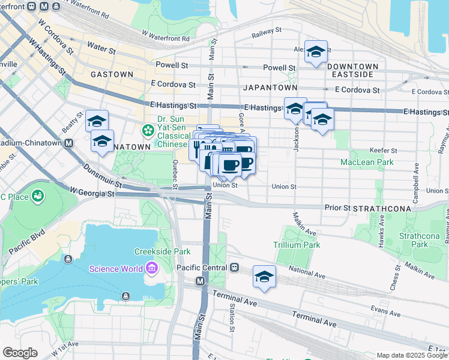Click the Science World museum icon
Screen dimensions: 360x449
click(151, 268)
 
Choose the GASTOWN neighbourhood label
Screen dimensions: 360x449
click(112, 74)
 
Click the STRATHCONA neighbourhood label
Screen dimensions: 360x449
click(382, 208)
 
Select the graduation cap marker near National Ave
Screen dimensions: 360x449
click(264, 276)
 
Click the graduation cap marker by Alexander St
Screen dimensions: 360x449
click(316, 52)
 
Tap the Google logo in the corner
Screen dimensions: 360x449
click(20, 352)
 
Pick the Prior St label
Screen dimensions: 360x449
click(337, 208)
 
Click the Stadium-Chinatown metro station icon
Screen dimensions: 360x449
click(69, 143)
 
